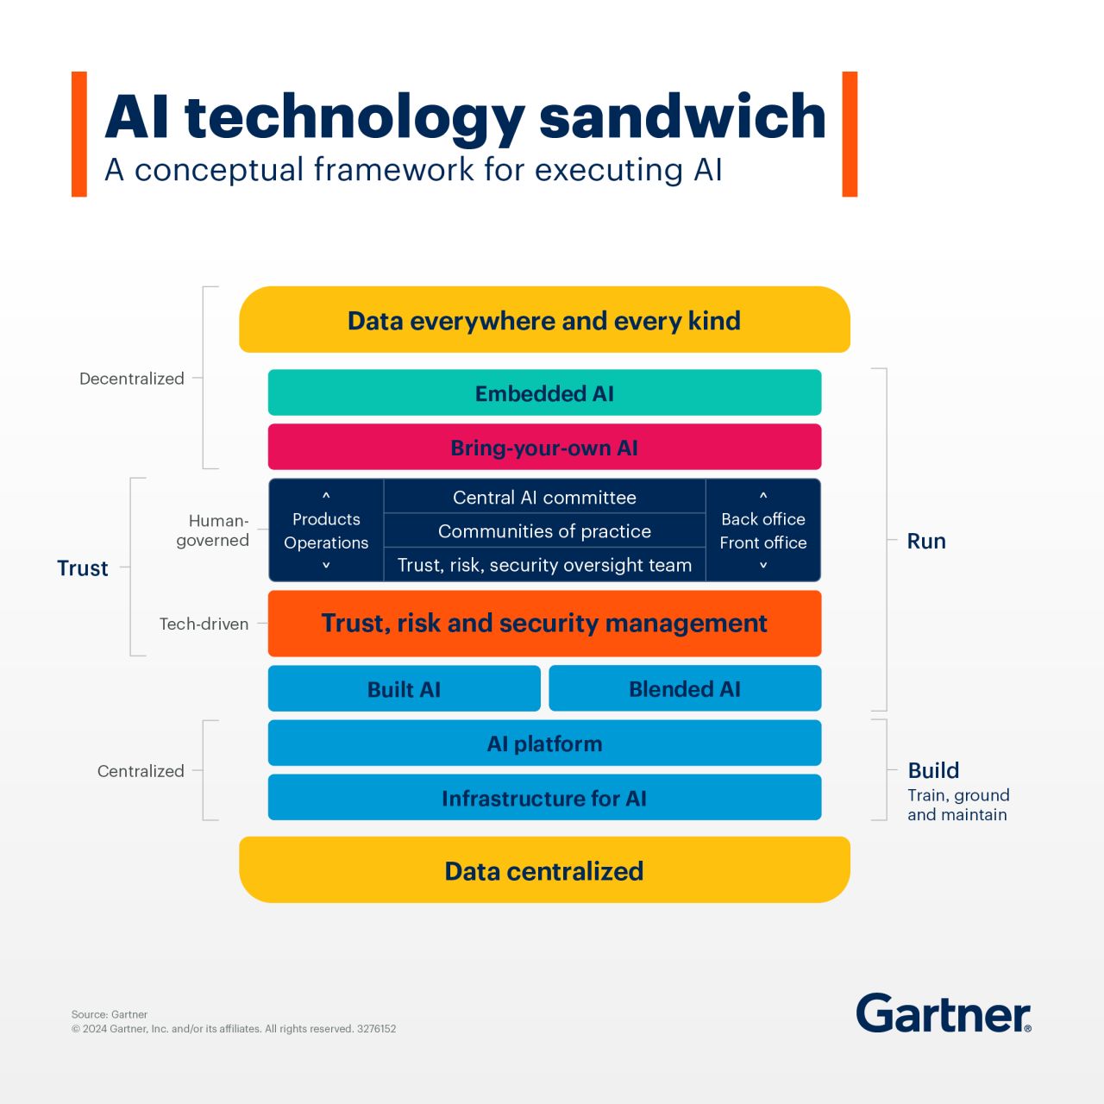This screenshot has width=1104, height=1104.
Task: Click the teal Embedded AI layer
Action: point(544,393)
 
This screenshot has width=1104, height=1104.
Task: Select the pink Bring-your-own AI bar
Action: point(544,448)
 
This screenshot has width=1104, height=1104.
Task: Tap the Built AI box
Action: point(404,689)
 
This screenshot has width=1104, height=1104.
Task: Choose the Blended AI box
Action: point(685,689)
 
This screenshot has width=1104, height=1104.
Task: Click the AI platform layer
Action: point(544,743)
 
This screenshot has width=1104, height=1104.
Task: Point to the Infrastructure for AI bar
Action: point(544,798)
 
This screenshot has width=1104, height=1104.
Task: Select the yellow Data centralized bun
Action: point(544,870)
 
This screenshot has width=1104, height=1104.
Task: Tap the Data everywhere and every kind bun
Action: point(544,320)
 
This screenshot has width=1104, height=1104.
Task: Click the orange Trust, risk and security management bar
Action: point(544,623)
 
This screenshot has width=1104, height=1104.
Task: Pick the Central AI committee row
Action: point(544,498)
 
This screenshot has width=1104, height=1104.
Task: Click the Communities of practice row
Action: point(544,531)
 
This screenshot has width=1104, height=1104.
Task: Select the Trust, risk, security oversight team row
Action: point(544,565)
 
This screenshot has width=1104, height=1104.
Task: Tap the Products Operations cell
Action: point(326,530)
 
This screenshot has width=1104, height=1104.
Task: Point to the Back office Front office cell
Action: point(763,530)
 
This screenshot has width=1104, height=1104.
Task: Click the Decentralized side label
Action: point(132,379)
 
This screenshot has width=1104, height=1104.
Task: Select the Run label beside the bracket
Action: point(926,541)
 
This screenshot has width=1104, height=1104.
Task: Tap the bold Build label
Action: point(933,770)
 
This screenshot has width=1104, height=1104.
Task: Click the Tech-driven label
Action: point(204,624)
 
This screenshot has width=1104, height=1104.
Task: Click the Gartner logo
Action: point(944,1013)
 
